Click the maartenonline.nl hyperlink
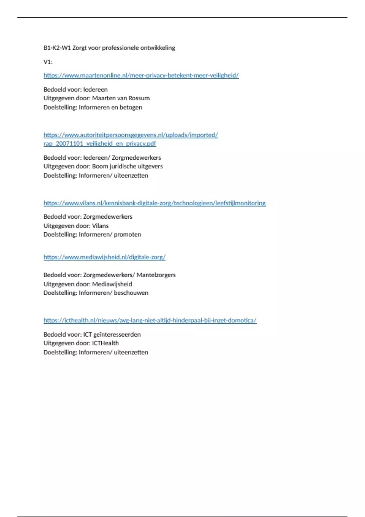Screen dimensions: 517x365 pyautogui.click(x=141, y=75)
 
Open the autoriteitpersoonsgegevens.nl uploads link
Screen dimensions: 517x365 pyautogui.click(x=130, y=135)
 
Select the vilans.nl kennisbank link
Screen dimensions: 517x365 pyautogui.click(x=155, y=203)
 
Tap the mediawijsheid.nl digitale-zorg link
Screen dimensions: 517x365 pyautogui.click(x=104, y=257)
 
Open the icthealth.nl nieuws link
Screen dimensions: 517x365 pyautogui.click(x=150, y=321)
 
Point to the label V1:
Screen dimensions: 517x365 pyautogui.click(x=48, y=62)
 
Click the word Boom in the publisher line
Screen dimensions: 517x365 pyautogui.click(x=99, y=166)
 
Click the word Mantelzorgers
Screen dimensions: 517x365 pyautogui.click(x=156, y=275)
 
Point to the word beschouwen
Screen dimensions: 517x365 pyautogui.click(x=131, y=293)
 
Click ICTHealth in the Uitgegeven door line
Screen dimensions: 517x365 pyautogui.click(x=105, y=343)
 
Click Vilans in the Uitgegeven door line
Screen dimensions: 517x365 pyautogui.click(x=100, y=226)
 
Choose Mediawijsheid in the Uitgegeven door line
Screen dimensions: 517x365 pyautogui.click(x=112, y=284)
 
